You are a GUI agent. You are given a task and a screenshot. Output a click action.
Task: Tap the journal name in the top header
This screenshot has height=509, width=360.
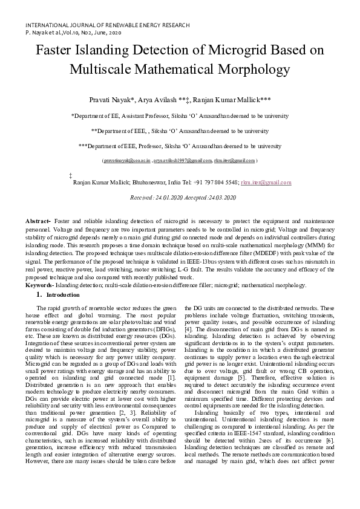click(x=107, y=25)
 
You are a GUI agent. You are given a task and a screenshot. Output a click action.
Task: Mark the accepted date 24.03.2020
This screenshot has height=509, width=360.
click(x=223, y=198)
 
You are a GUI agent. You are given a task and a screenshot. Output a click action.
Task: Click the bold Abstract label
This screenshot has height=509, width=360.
click(x=39, y=223)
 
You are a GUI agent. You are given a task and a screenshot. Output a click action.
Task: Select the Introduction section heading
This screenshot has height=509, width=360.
click(x=64, y=294)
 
